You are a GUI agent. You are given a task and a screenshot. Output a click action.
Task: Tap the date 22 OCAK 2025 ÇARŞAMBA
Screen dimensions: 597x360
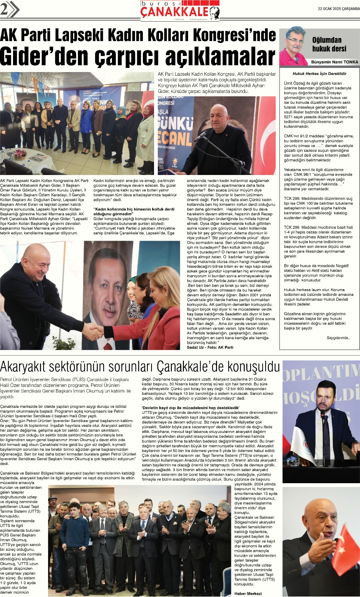(338, 9)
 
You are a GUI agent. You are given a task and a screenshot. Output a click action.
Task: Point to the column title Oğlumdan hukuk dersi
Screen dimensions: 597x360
(329, 44)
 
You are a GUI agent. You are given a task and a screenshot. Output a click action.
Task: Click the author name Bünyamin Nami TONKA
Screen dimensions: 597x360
(334, 62)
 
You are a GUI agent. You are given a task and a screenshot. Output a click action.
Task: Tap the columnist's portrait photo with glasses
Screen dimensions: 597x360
(295, 46)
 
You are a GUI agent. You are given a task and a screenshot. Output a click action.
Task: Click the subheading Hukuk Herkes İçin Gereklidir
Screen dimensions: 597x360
(319, 74)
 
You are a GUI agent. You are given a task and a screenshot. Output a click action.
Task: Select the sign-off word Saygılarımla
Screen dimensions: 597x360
(338, 338)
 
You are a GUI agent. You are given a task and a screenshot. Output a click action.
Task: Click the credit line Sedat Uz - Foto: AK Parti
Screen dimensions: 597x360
(210, 347)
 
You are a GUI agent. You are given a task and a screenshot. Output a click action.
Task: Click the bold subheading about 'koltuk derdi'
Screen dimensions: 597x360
(134, 212)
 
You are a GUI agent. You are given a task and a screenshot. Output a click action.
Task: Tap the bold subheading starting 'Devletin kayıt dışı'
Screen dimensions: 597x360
(191, 408)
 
